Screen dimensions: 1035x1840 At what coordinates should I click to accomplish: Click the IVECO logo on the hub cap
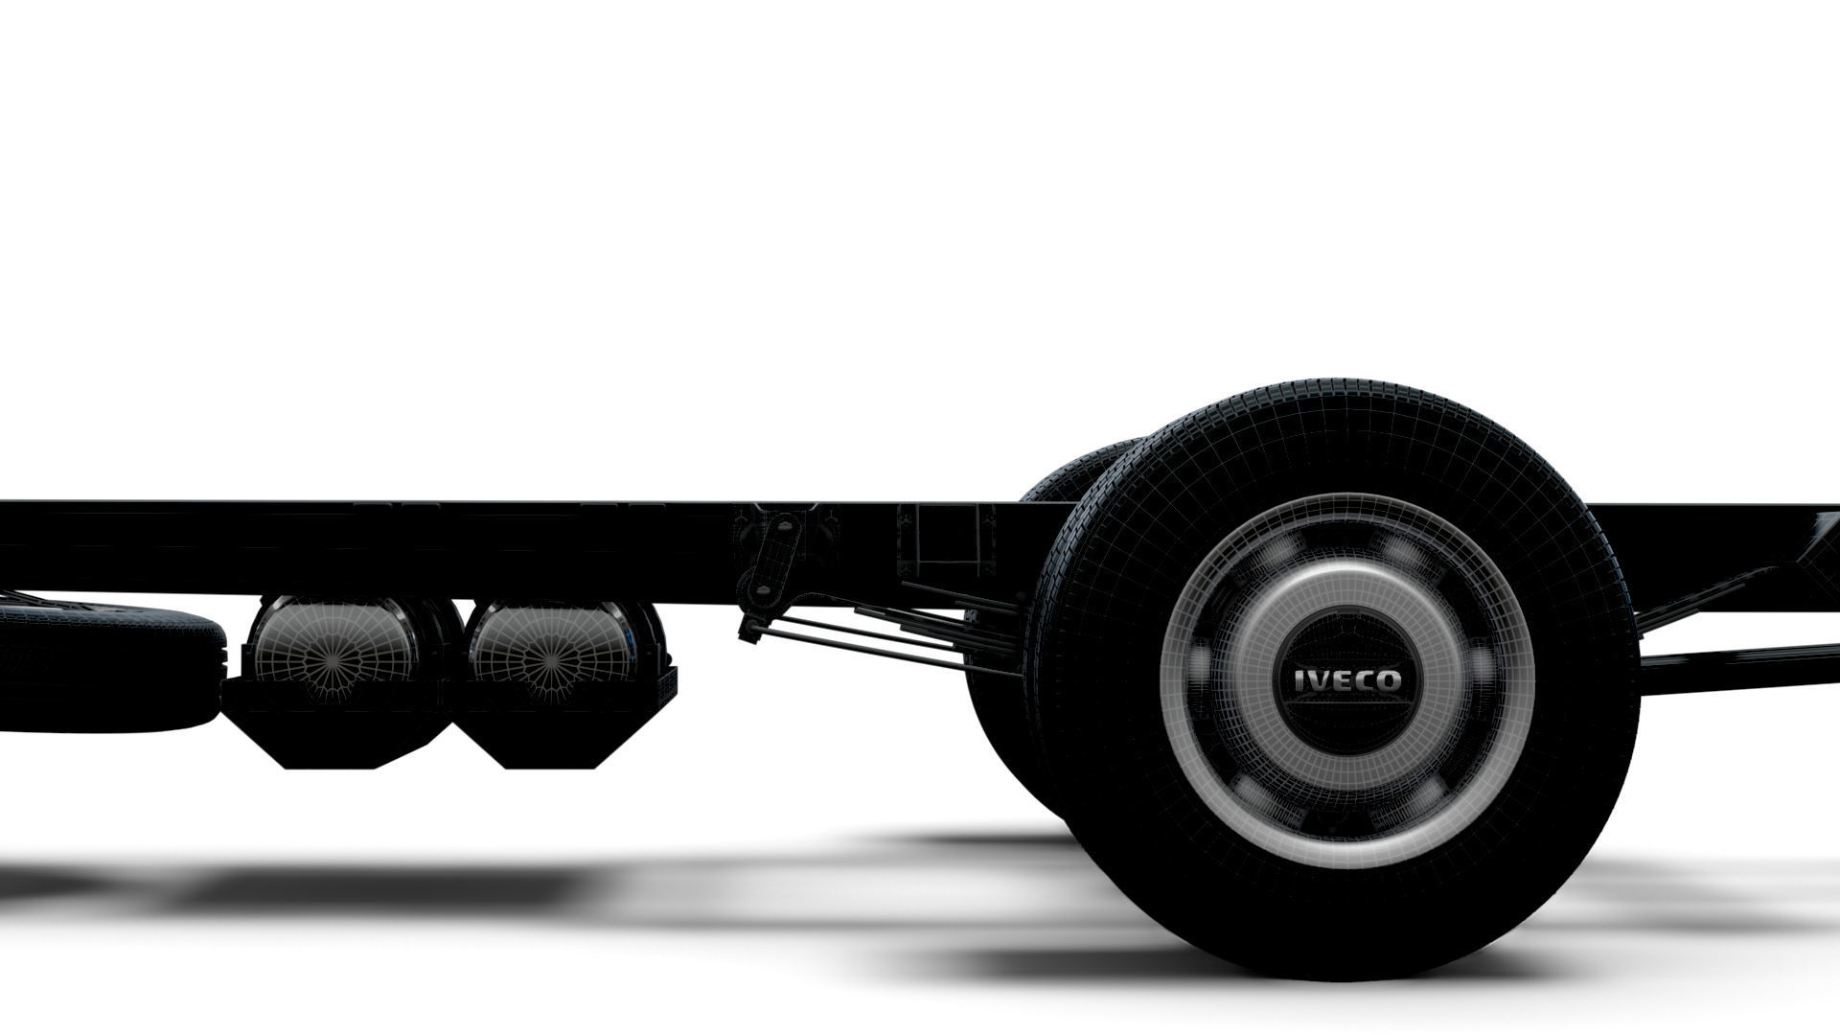1346,681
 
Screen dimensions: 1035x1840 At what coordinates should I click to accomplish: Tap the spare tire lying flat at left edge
105,666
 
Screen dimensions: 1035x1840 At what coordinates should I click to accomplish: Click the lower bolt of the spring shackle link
761,589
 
